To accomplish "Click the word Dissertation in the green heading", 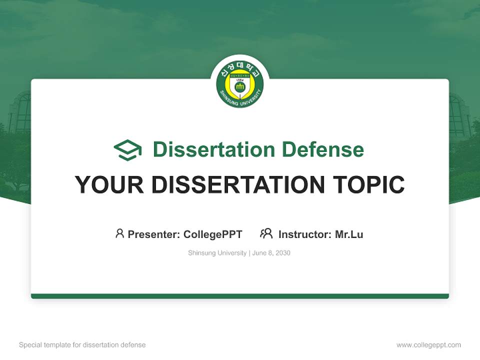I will tap(214, 149).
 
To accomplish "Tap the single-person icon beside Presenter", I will tap(119, 233).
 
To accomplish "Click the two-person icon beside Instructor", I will tap(266, 233).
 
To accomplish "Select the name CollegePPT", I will tap(212, 234).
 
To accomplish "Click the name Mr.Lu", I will tap(349, 234).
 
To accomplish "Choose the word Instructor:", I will tap(305, 234).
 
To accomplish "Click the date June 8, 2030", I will tap(271, 253).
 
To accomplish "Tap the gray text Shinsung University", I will tap(217, 253).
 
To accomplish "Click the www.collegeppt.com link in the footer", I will tap(428, 345).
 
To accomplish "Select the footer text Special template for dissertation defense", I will tap(82, 345).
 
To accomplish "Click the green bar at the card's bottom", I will tap(240, 296).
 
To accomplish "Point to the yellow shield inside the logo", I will tap(240, 85).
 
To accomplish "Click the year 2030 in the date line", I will tap(282, 253).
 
